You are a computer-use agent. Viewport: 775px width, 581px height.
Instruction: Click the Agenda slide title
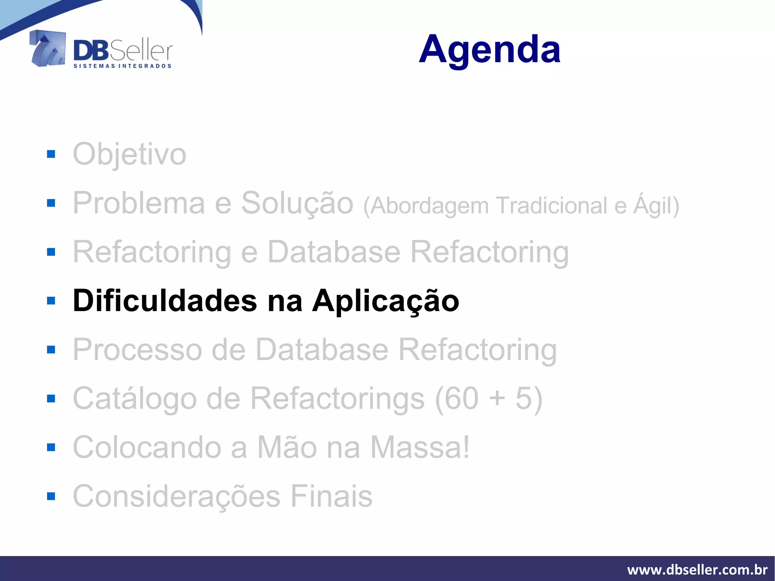(x=489, y=49)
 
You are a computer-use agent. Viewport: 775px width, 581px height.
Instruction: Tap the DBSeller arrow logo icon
(x=47, y=48)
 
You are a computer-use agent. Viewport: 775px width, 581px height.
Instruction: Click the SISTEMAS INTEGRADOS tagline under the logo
(x=122, y=66)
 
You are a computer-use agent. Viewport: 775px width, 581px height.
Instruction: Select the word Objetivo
(x=129, y=154)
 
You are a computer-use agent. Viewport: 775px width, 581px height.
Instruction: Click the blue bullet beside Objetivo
(x=51, y=154)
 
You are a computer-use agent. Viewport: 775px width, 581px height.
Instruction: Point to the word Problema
(x=139, y=203)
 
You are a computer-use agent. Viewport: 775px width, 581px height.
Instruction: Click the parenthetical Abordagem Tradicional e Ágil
(x=521, y=206)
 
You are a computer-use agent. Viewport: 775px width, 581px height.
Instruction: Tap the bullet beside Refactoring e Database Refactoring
(x=51, y=252)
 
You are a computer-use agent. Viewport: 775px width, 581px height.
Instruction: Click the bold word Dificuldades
(x=165, y=301)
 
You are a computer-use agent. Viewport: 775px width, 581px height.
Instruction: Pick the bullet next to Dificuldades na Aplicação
(x=51, y=301)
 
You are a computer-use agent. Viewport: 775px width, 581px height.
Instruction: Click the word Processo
(x=137, y=350)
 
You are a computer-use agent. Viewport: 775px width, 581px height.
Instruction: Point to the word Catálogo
(x=135, y=399)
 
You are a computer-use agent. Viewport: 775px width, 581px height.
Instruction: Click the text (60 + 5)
(x=489, y=399)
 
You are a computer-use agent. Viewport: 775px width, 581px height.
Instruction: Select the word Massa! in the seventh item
(x=420, y=447)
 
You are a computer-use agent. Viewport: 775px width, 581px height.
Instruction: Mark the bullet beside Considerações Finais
(x=51, y=496)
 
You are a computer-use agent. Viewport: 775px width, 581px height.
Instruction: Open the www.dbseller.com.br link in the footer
(x=697, y=570)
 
